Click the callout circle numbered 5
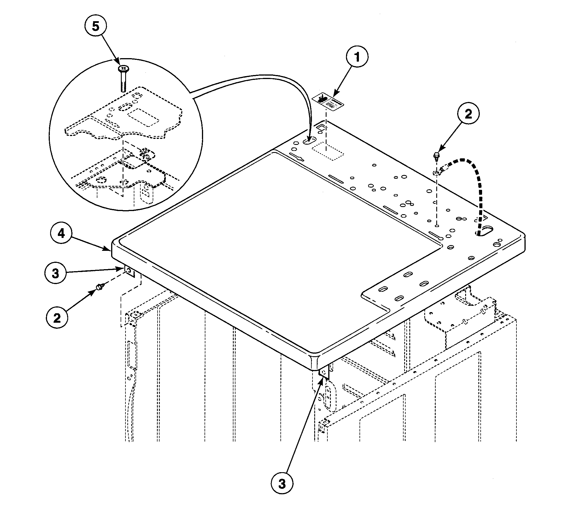(x=96, y=26)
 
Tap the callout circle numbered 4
(x=61, y=234)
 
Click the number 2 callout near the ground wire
(x=468, y=115)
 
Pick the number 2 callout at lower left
(x=57, y=317)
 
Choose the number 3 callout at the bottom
(x=282, y=484)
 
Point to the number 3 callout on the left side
(x=56, y=273)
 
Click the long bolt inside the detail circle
(x=123, y=78)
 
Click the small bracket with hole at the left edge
(x=129, y=271)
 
